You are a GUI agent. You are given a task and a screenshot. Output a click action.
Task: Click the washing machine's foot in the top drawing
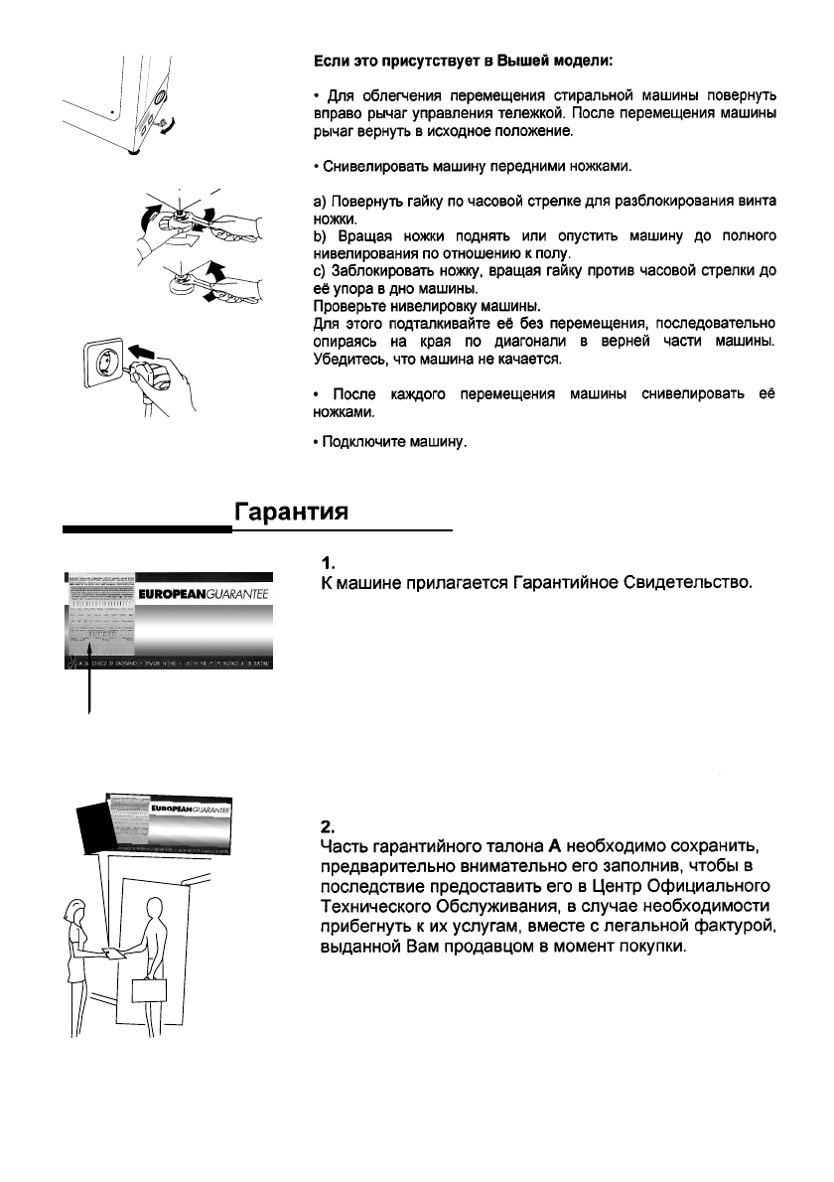[x=131, y=153]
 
